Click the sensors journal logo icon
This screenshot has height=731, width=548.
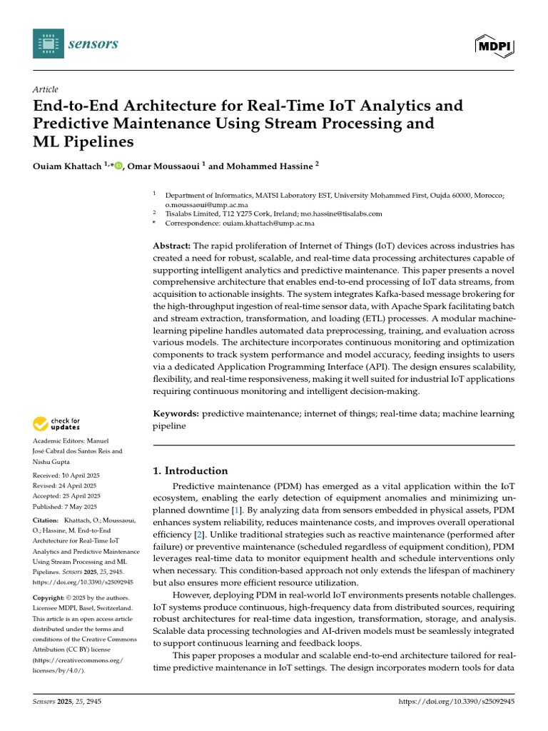point(48,44)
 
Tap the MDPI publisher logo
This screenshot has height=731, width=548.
point(494,45)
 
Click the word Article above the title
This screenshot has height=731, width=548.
point(46,89)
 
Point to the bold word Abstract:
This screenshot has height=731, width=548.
point(171,245)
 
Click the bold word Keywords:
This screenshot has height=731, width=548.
point(176,414)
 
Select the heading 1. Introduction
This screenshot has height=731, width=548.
point(191,471)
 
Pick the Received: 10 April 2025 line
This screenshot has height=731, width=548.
point(66,475)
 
